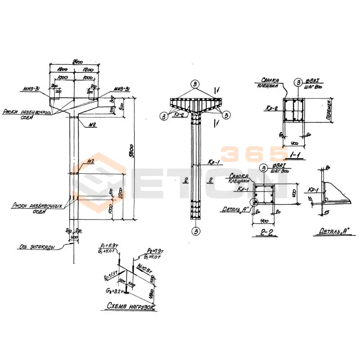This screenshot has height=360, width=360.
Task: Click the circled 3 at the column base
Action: click(x=195, y=231)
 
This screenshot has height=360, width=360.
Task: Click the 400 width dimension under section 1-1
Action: click(x=294, y=143)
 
